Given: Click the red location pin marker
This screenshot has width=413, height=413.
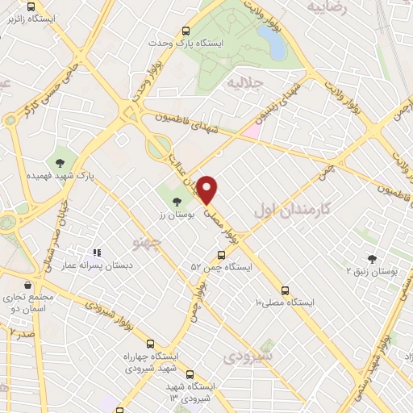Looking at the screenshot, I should click(207, 189).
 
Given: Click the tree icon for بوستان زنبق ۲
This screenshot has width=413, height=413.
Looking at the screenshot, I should click(372, 259).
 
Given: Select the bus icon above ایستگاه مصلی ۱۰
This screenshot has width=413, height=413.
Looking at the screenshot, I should click(284, 290).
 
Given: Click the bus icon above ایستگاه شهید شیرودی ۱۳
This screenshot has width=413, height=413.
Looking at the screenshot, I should click(190, 374).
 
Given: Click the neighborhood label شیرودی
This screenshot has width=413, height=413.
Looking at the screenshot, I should click(250, 356).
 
